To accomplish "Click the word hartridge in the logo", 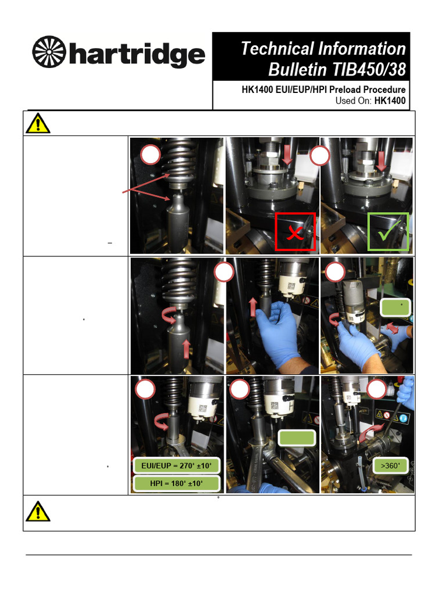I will [137, 55].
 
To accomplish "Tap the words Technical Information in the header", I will [323, 49].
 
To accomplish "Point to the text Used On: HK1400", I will [370, 101].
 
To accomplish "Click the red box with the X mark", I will [296, 232].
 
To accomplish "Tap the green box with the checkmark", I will [389, 232].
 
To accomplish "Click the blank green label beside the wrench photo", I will [296, 439].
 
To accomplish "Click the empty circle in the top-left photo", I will [150, 155].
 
